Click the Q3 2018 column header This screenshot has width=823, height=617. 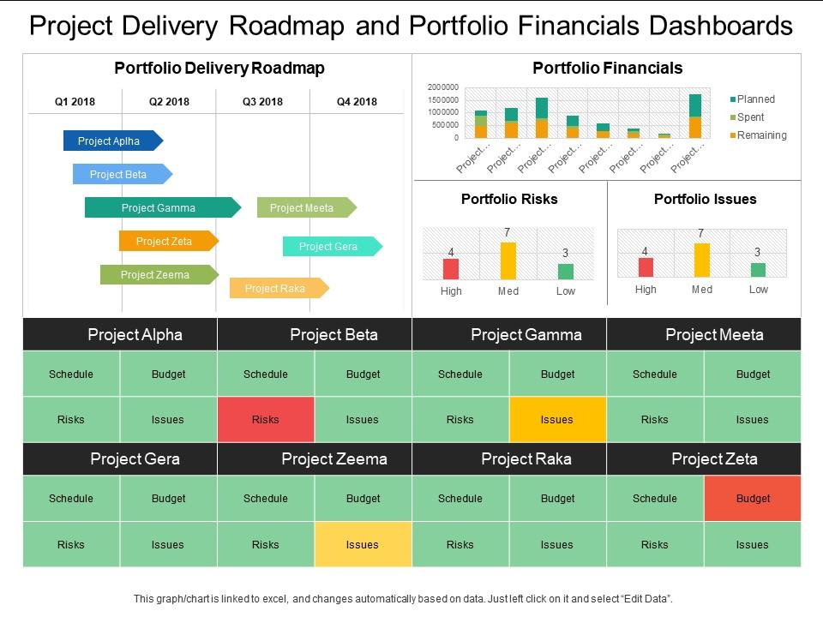(x=262, y=102)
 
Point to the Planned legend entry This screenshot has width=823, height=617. (x=755, y=99)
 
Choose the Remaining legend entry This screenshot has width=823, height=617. (x=761, y=135)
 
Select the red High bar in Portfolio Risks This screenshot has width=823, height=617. (x=451, y=269)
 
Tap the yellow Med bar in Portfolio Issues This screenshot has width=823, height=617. (x=702, y=260)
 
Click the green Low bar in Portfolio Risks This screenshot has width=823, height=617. (x=566, y=272)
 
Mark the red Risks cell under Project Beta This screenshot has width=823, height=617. (x=266, y=420)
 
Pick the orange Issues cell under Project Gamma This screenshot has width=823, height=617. (x=557, y=420)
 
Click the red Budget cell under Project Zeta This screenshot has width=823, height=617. (x=753, y=499)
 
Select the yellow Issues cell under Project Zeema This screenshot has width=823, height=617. (x=363, y=544)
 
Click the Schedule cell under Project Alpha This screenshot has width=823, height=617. (x=71, y=374)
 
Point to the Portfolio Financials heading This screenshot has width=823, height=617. (x=607, y=69)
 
